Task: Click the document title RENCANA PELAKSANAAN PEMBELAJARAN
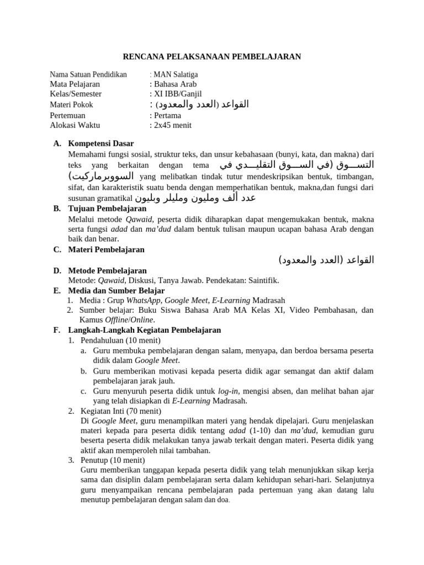click(211, 57)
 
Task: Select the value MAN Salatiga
click(176, 74)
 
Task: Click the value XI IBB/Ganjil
click(176, 94)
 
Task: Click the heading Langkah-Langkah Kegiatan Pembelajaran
click(144, 330)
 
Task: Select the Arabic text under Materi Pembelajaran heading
click(326, 260)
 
